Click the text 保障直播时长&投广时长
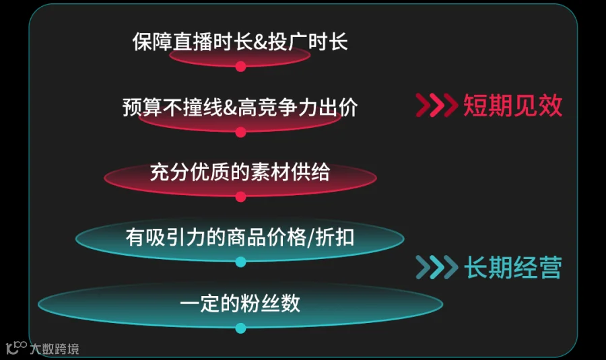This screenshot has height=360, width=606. [x=240, y=42]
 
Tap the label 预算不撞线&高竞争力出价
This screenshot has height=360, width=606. [x=240, y=107]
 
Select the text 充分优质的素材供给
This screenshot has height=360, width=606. [x=240, y=172]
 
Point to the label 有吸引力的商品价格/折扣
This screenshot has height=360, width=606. [x=240, y=237]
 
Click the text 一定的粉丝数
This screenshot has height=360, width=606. [x=240, y=303]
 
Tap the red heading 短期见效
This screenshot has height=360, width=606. [x=512, y=105]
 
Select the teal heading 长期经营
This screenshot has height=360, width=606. [x=512, y=267]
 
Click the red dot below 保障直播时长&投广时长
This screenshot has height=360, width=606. [x=241, y=67]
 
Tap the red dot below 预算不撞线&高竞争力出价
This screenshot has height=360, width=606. [x=241, y=132]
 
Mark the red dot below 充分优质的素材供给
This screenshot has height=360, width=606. [x=241, y=197]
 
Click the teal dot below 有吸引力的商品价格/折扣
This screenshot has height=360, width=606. [x=241, y=262]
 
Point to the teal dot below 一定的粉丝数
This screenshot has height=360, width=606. [x=241, y=328]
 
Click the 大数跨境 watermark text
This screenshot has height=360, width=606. [x=55, y=349]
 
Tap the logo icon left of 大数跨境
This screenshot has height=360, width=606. [x=16, y=347]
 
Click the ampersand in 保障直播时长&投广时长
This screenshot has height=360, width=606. [x=261, y=42]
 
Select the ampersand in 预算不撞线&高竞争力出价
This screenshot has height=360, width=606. [x=230, y=108]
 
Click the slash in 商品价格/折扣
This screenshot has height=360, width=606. [x=310, y=238]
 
